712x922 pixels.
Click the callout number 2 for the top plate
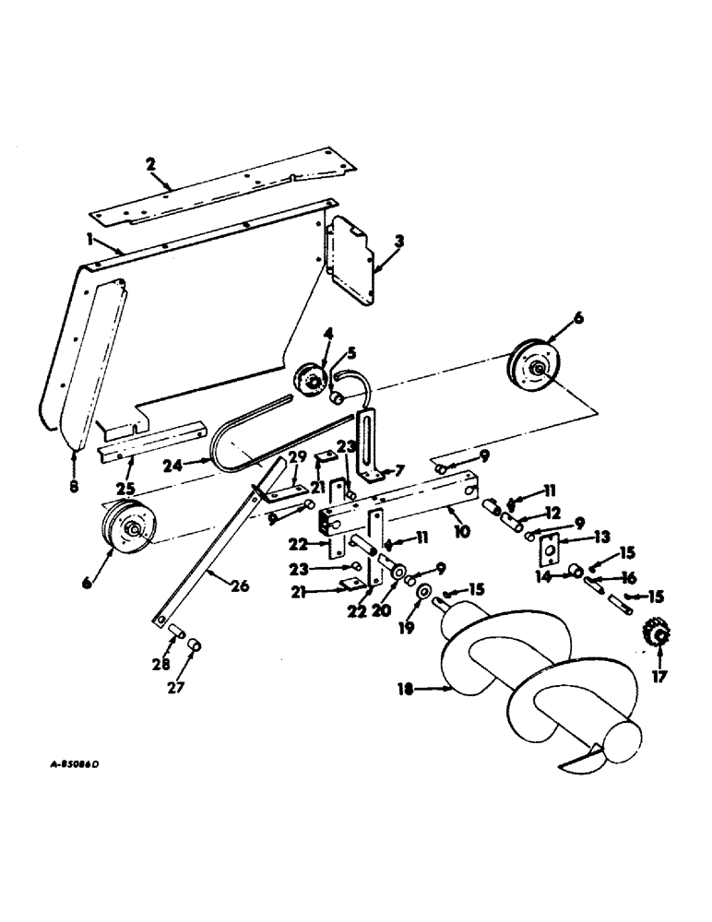pyautogui.click(x=150, y=164)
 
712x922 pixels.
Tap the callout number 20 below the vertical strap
pyautogui.click(x=379, y=610)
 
